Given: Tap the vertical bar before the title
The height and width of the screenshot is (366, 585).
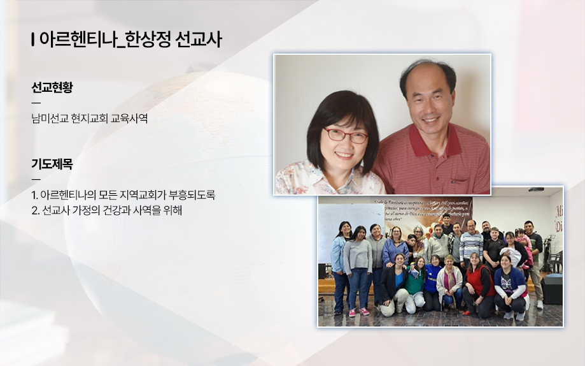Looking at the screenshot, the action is (x=33, y=40).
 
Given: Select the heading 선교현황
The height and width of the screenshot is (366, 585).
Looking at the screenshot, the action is (x=52, y=87).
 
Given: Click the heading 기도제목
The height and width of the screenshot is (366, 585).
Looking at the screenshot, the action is (x=52, y=164).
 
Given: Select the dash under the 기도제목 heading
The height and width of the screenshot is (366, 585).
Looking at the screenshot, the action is (x=36, y=179).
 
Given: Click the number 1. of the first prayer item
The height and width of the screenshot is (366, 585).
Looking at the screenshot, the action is (x=35, y=195).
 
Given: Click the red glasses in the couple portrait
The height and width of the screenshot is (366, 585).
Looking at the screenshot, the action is (x=346, y=135).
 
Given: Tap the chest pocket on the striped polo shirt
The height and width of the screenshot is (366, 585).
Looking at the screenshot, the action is (x=460, y=182).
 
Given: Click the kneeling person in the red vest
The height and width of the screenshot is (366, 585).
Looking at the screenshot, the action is (x=478, y=285).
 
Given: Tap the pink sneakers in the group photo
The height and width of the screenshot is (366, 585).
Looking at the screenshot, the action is (x=358, y=312).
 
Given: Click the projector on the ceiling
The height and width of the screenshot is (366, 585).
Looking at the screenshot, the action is (x=536, y=189).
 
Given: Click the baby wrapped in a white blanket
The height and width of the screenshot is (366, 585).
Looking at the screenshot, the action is (x=512, y=256).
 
